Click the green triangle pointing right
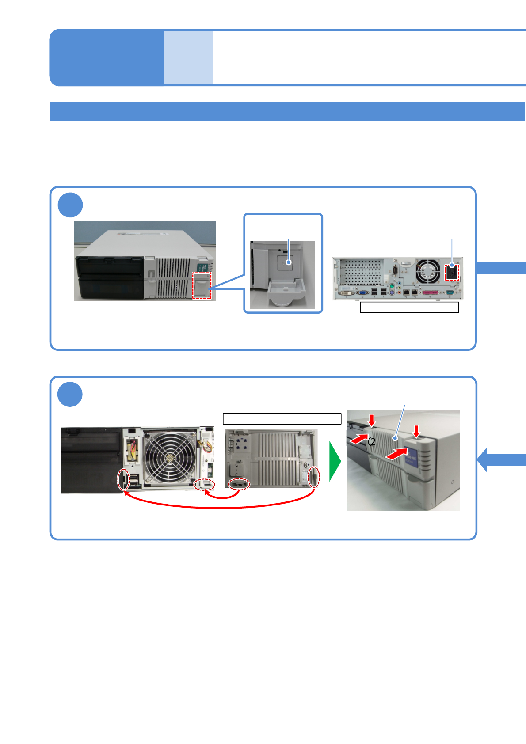(335, 461)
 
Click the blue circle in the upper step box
(70, 205)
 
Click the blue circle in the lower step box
(70, 395)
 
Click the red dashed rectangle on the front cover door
(202, 285)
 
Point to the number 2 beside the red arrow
(372, 441)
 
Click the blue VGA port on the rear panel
(362, 292)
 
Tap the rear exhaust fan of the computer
(428, 271)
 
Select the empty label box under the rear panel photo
(409, 307)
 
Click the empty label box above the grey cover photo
(282, 418)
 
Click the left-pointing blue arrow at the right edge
(499, 459)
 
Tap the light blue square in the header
(189, 57)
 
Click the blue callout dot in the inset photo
(289, 262)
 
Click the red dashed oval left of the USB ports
(123, 479)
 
